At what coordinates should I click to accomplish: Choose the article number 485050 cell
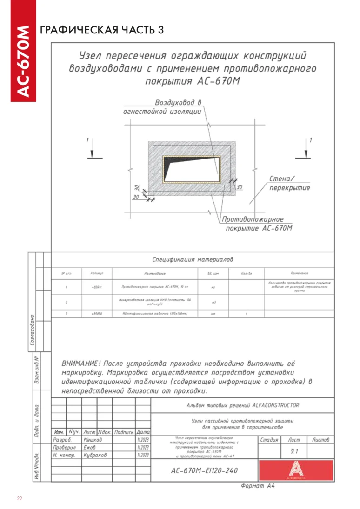[x=97, y=314]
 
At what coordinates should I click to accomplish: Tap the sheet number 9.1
[x=294, y=451]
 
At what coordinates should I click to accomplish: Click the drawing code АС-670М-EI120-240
[x=205, y=470]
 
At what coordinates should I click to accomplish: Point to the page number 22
[x=20, y=499]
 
